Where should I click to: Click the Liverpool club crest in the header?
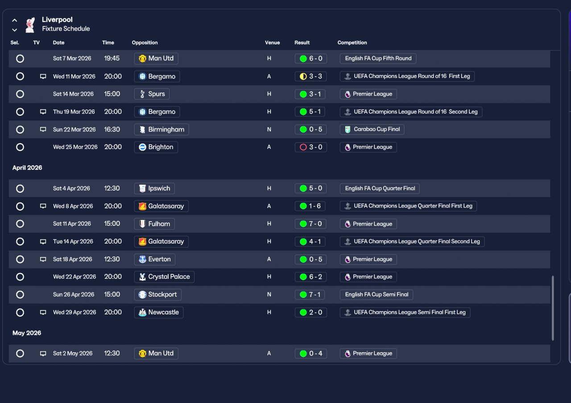click(x=30, y=24)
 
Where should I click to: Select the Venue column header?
click(x=272, y=42)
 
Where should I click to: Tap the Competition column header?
click(x=352, y=42)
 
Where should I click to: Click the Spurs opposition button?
click(x=152, y=94)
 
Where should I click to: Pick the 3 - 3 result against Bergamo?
click(x=310, y=76)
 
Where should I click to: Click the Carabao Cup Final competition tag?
click(x=372, y=129)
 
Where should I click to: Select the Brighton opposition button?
click(x=156, y=147)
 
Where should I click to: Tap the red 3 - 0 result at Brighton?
click(x=310, y=147)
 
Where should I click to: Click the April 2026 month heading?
click(x=27, y=168)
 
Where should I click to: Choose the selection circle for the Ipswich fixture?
click(x=20, y=188)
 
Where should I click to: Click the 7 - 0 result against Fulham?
click(x=310, y=224)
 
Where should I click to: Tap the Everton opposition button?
click(x=155, y=259)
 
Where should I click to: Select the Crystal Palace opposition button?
click(x=164, y=277)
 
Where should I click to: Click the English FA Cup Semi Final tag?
click(x=376, y=295)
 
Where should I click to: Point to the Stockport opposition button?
click(x=158, y=295)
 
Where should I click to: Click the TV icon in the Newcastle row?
click(x=43, y=313)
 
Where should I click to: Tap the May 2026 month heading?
click(x=27, y=333)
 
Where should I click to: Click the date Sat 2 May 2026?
click(x=73, y=354)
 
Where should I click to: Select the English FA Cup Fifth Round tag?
click(x=378, y=58)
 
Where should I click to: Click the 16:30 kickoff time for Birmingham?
click(x=112, y=129)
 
